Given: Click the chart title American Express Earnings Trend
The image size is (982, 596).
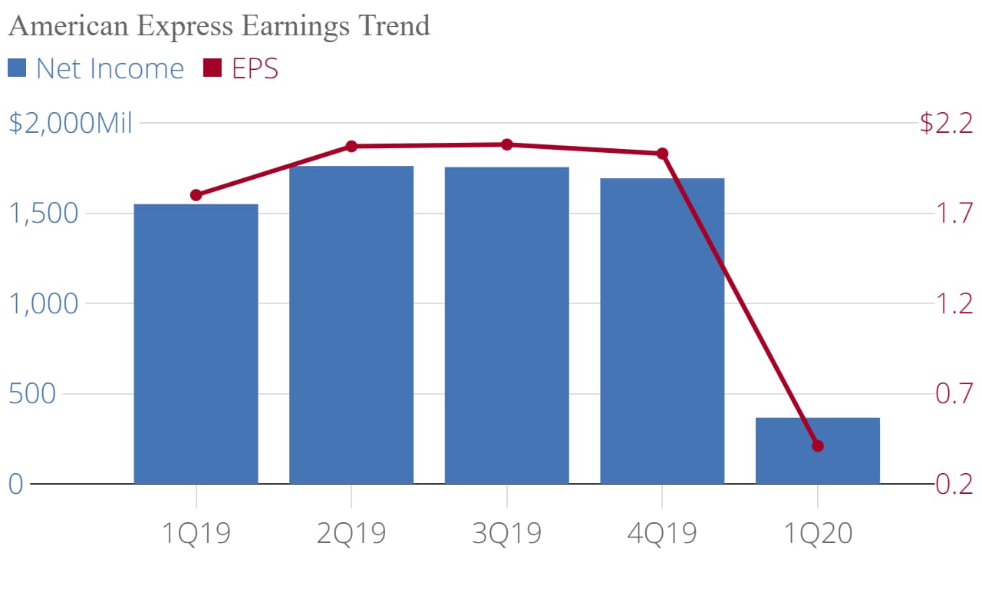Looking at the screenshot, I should tap(219, 26).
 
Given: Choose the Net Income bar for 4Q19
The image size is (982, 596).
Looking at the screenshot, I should tap(662, 331).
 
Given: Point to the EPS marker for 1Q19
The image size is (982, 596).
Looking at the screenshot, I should tap(196, 195).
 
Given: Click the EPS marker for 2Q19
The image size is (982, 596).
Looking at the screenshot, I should tap(351, 146).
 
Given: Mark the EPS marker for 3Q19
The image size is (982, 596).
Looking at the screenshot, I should tap(506, 144).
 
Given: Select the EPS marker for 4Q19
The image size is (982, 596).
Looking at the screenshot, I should tap(662, 154).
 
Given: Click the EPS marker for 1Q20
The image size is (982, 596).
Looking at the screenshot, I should tap(817, 446).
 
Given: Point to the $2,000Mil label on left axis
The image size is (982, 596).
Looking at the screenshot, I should tap(71, 123).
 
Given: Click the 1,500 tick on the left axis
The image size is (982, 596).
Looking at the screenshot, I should tap(44, 214).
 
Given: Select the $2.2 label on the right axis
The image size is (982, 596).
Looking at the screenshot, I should tap(946, 123).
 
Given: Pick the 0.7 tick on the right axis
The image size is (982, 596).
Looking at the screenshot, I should tap(954, 394).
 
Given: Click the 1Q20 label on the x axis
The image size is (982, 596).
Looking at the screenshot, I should tap(817, 532).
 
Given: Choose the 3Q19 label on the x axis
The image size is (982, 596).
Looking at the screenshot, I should tap(506, 532).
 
